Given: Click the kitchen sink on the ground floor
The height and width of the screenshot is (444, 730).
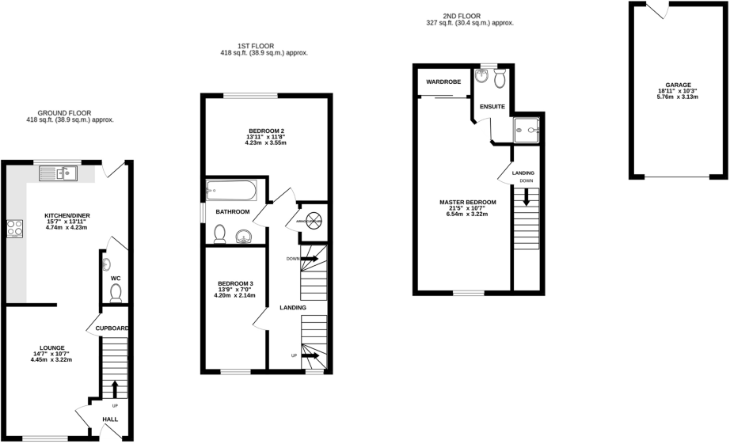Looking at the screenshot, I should tap(63, 172).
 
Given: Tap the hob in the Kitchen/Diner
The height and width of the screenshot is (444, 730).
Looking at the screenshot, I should tap(15, 229).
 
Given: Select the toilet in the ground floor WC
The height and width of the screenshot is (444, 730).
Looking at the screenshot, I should tap(116, 294).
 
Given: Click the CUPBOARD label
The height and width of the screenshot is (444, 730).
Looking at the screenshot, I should tap(112, 328).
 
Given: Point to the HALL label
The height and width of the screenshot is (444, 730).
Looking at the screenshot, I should tap(110, 419).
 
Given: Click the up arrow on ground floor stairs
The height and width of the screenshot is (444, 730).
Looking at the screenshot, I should tap(116, 388).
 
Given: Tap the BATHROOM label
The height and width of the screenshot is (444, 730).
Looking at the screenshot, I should tap(234, 212).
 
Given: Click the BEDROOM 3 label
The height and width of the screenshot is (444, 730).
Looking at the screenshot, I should tap(235, 283).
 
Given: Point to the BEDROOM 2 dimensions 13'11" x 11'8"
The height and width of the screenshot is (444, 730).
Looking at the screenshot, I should tap(265, 137).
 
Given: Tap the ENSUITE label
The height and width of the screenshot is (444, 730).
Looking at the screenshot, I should tap(492, 106).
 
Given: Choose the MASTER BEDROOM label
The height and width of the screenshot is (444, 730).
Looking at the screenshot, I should tap(468, 202).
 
